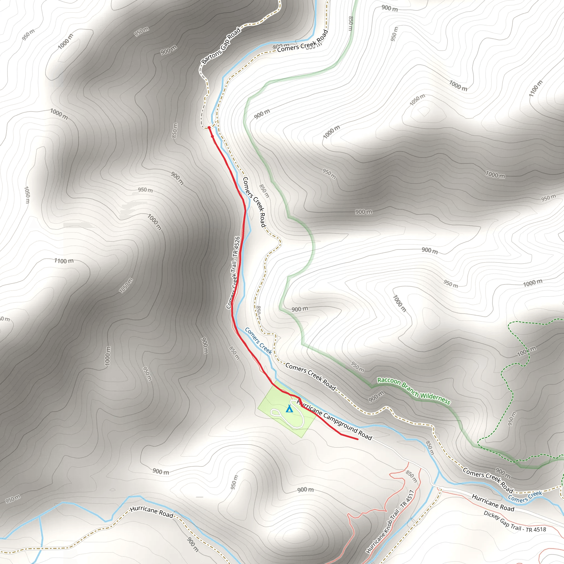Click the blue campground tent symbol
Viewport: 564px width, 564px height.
[289, 409]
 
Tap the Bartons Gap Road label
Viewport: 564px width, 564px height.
[221, 45]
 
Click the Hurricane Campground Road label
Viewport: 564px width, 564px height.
[334, 420]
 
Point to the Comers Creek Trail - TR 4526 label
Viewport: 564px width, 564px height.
[233, 272]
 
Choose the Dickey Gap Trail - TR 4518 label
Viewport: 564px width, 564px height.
[514, 521]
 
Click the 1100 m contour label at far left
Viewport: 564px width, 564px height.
[64, 261]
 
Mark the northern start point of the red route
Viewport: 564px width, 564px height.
[209, 128]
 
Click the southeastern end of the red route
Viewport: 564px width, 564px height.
[358, 439]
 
